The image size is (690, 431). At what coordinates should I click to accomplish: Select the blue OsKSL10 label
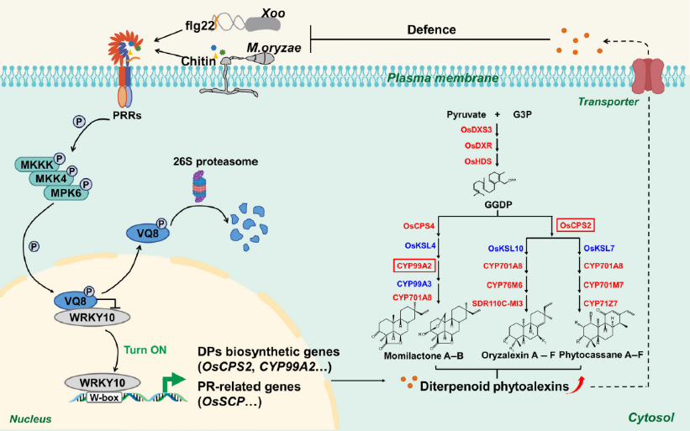508,248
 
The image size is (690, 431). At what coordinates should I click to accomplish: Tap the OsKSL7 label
599,248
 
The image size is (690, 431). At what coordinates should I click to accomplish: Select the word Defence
432,29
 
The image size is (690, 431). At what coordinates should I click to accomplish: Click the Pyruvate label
467,112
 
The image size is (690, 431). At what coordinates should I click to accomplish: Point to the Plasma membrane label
442,78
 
